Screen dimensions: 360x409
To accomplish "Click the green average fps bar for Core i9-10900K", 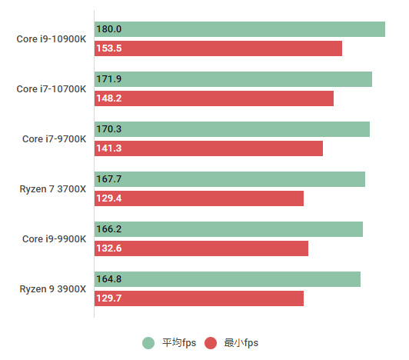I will (x=239, y=29).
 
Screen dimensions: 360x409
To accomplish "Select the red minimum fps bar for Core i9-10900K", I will (x=218, y=48).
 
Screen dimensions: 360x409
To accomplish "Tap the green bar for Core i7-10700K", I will (x=233, y=79).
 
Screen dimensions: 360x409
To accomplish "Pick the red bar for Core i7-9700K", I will (x=208, y=148).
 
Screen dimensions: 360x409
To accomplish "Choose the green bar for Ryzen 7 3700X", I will (x=229, y=179).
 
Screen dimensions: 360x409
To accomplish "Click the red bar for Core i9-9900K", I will (x=201, y=248).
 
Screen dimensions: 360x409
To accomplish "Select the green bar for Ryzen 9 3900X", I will (x=227, y=279).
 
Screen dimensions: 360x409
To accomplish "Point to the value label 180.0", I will (x=108, y=29).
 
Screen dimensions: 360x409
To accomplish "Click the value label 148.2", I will (x=108, y=98).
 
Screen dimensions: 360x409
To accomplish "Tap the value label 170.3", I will (x=108, y=129).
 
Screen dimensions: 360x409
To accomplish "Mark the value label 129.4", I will (x=108, y=198).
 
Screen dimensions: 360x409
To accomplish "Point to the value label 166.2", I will (x=108, y=229).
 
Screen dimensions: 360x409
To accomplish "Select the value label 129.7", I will (x=108, y=298).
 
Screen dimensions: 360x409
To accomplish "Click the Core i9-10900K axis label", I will (x=51, y=39).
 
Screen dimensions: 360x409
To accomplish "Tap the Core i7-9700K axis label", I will (x=54, y=139).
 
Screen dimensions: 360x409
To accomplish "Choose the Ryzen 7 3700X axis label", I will (x=52, y=189).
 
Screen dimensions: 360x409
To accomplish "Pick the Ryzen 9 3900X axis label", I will (x=52, y=289).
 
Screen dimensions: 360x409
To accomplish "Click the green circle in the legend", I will (x=148, y=343).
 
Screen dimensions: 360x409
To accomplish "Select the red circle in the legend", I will (x=211, y=343).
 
